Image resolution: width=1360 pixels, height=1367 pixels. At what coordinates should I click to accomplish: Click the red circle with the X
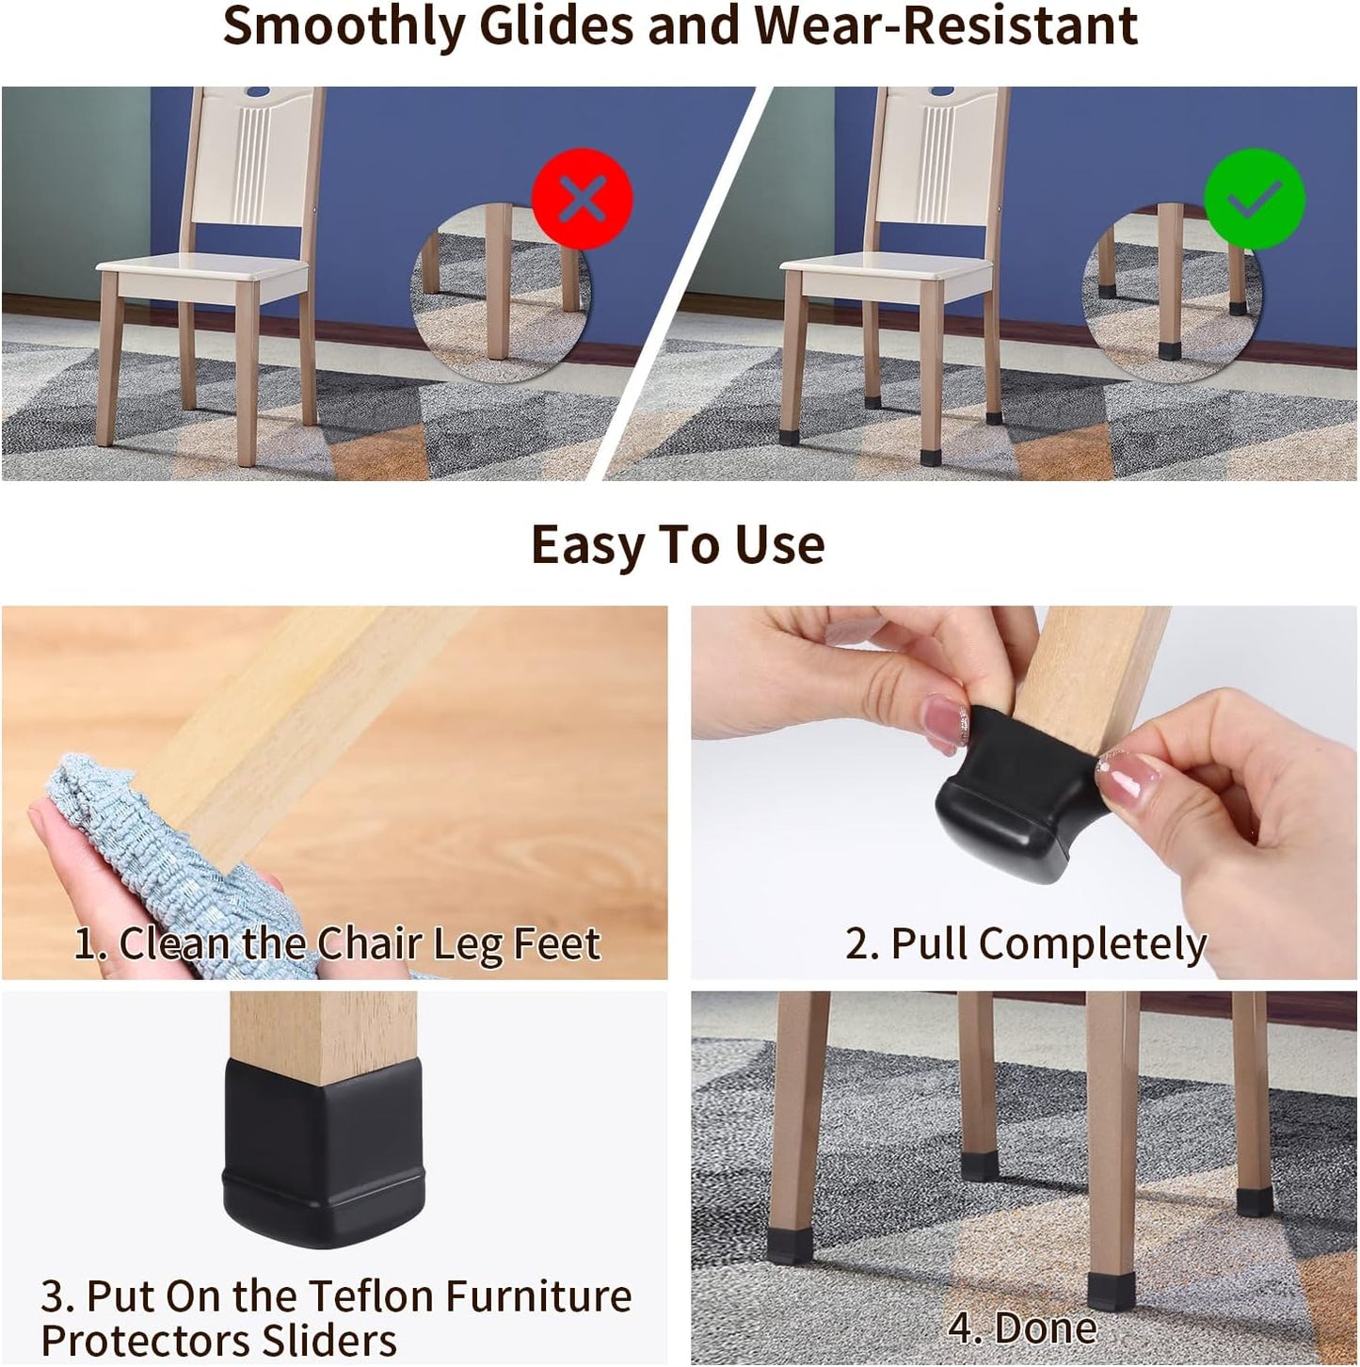tap(582, 199)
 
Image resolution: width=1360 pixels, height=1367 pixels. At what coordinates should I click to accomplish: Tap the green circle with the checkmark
tap(1255, 199)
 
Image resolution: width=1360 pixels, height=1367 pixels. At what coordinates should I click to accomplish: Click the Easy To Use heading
tap(678, 545)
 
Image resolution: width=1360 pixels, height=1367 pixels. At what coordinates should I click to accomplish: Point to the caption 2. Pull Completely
tap(1025, 943)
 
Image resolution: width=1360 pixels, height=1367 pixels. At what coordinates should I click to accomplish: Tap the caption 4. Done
tap(1022, 1327)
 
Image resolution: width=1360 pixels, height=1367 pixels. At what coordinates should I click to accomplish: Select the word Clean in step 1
tap(176, 943)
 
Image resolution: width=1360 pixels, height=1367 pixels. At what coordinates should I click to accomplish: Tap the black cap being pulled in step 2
tap(1012, 800)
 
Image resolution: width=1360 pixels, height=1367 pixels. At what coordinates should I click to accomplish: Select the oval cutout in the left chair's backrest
tap(256, 92)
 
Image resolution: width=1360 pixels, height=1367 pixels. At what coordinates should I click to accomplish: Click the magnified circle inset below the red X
tap(499, 297)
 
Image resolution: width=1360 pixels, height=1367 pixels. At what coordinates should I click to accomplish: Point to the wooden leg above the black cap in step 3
tap(323, 1031)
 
